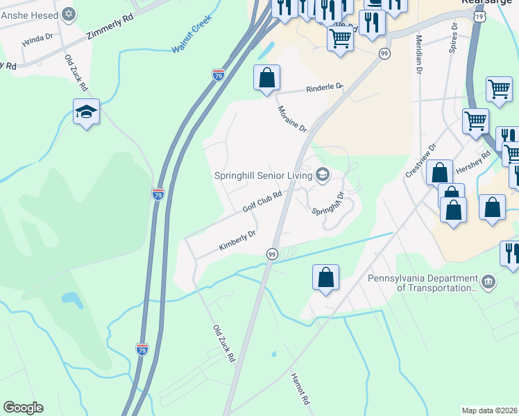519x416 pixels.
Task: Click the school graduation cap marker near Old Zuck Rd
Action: (86, 112)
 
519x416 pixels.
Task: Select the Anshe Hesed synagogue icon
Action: (68, 13)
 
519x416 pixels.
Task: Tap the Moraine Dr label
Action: (292, 119)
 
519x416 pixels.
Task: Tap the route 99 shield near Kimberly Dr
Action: (272, 255)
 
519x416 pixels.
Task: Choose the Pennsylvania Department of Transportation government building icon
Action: (488, 281)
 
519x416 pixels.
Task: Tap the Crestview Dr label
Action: (421, 160)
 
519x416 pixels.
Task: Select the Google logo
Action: (23, 408)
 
